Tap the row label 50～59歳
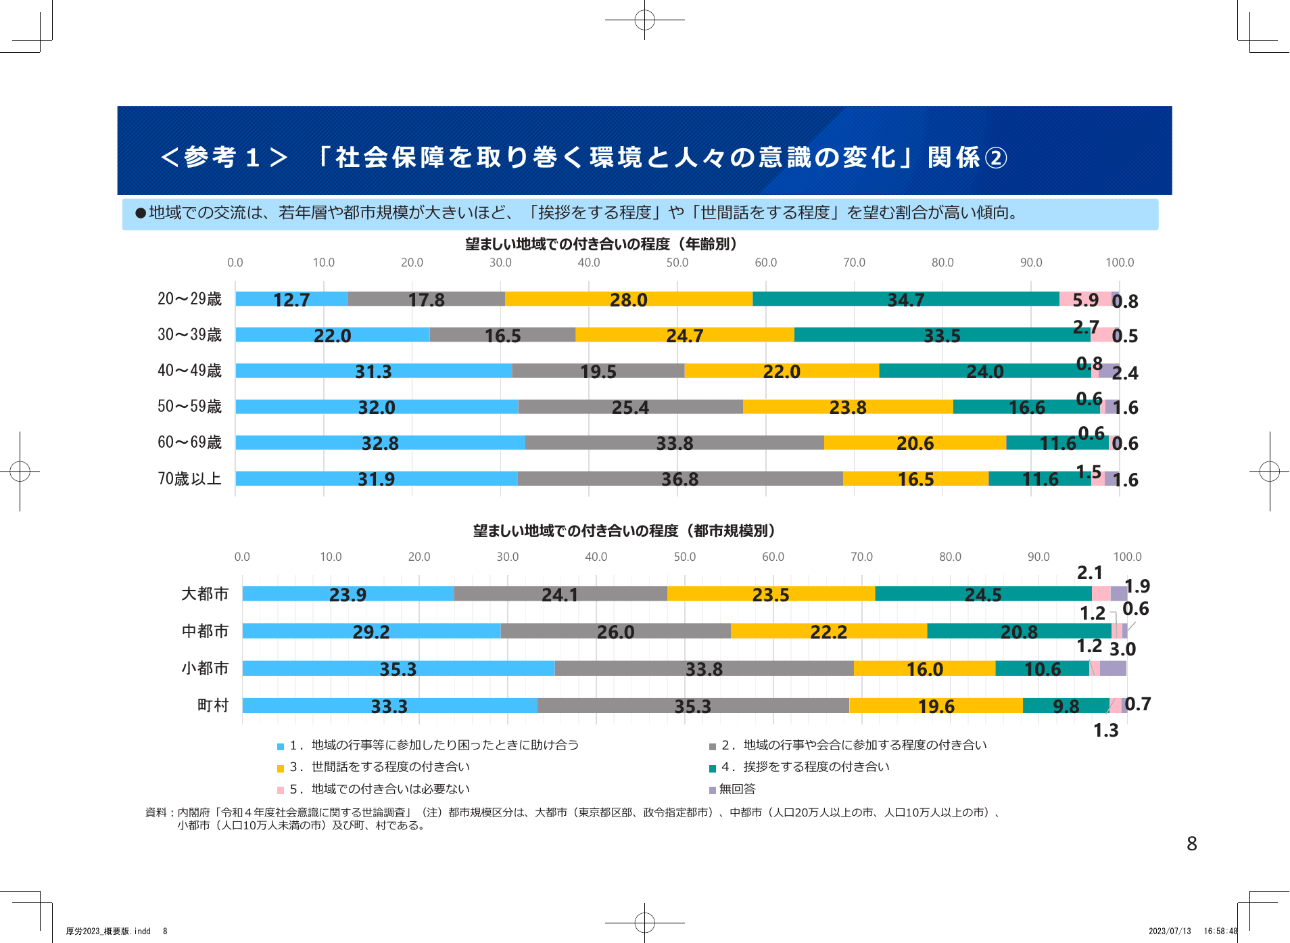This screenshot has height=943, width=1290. [x=189, y=407]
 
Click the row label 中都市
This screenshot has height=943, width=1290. [x=205, y=631]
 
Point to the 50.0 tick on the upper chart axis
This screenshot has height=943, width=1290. [x=677, y=262]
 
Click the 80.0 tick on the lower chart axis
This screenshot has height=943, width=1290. [x=950, y=557]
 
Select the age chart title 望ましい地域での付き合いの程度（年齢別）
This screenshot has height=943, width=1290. [x=601, y=244]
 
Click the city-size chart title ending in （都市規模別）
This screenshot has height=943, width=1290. [x=624, y=531]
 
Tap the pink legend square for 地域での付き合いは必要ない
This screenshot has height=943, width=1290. [x=281, y=790]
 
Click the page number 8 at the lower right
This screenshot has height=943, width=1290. [x=1191, y=844]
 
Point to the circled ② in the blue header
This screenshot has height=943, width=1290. [x=995, y=158]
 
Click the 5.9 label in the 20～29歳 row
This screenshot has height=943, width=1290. [x=1085, y=300]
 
